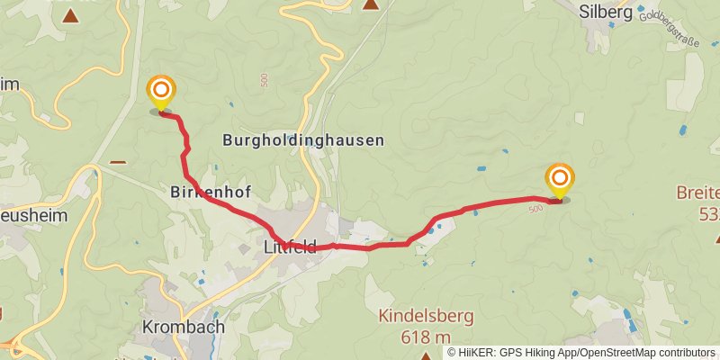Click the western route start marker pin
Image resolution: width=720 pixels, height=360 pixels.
161,91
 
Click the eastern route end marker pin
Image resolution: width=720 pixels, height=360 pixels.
560,177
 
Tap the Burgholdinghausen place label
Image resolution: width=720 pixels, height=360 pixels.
302,140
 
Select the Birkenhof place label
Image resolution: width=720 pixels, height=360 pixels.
210,192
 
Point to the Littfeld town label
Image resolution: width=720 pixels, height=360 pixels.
290,247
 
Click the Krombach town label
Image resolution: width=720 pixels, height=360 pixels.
184,327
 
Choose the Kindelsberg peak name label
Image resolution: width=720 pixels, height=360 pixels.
426,317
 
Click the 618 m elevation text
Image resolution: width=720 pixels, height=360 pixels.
426,337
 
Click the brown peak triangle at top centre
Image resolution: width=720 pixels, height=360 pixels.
370,4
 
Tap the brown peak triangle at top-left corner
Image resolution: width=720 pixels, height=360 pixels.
70,15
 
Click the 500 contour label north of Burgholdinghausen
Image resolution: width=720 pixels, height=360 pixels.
263,81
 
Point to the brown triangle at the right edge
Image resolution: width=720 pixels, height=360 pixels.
715,238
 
